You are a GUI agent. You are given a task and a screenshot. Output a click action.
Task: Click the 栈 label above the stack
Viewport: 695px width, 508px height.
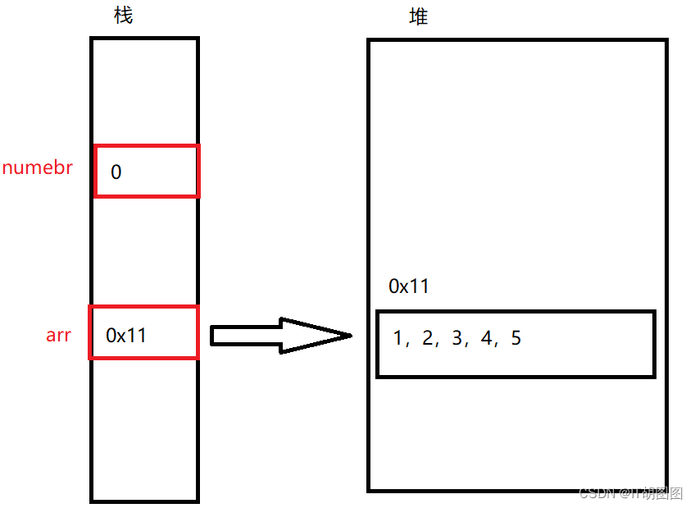(123, 16)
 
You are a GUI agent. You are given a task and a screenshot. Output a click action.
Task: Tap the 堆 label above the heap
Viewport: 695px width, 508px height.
(418, 16)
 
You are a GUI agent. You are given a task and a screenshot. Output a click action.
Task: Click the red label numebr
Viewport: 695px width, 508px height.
(38, 169)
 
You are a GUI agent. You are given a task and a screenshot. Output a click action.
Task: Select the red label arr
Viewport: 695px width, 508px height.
(58, 335)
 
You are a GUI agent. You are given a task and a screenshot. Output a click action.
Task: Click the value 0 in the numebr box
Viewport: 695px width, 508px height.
(116, 172)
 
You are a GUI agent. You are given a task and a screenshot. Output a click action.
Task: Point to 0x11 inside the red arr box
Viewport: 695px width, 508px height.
(126, 335)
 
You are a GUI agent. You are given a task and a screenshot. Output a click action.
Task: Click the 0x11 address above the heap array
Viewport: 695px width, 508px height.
(408, 286)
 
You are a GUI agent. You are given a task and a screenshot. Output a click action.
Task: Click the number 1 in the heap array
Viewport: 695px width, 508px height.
(398, 338)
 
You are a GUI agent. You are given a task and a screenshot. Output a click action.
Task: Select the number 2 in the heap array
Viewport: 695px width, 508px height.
(427, 338)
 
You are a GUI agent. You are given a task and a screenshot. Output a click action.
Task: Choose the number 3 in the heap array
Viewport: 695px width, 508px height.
(457, 338)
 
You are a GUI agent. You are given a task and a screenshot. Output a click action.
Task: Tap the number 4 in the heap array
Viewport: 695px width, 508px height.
(486, 338)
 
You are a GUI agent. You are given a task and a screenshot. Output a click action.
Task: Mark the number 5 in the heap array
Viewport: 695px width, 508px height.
(516, 338)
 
